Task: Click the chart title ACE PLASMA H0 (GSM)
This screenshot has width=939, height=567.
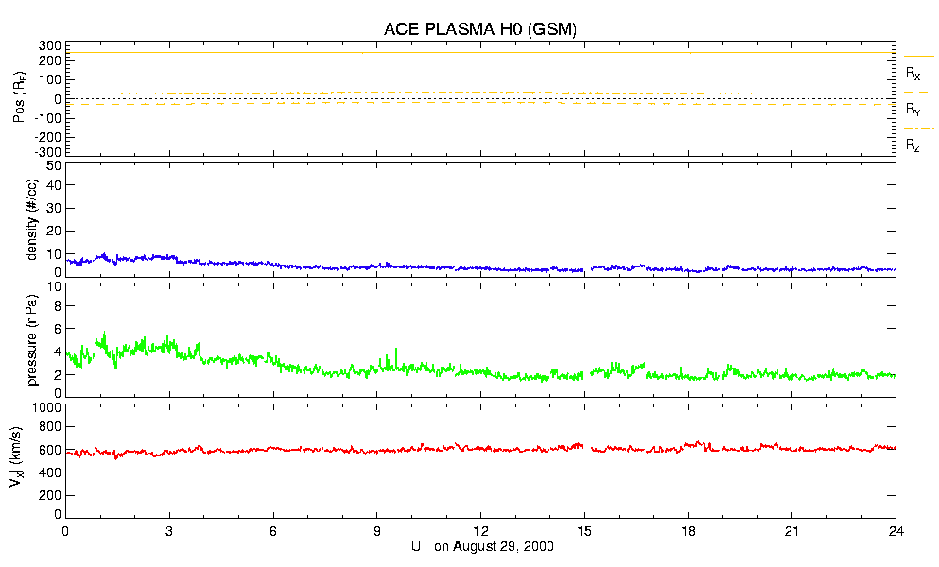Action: [479, 29]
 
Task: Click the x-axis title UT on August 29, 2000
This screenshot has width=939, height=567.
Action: [482, 547]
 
